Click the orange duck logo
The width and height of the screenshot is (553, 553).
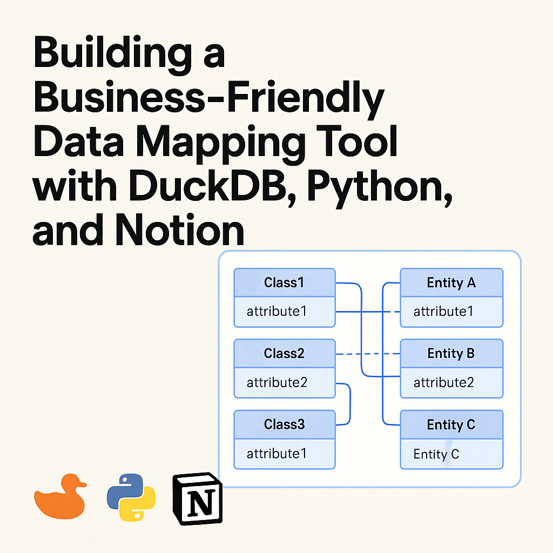click(x=60, y=497)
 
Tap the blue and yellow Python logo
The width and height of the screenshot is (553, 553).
click(x=131, y=497)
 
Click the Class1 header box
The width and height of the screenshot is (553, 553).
click(x=285, y=282)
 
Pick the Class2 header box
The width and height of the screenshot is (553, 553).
click(x=285, y=354)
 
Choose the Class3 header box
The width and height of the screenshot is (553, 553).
click(x=285, y=424)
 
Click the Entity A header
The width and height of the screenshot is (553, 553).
click(x=451, y=282)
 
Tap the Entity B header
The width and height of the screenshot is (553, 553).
click(x=451, y=354)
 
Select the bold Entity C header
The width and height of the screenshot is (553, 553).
click(x=451, y=424)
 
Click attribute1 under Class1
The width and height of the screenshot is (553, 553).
click(x=277, y=312)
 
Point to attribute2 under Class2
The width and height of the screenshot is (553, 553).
click(x=277, y=383)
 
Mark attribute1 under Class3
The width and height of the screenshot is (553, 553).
click(x=277, y=454)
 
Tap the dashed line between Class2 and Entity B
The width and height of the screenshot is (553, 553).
click(x=367, y=354)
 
